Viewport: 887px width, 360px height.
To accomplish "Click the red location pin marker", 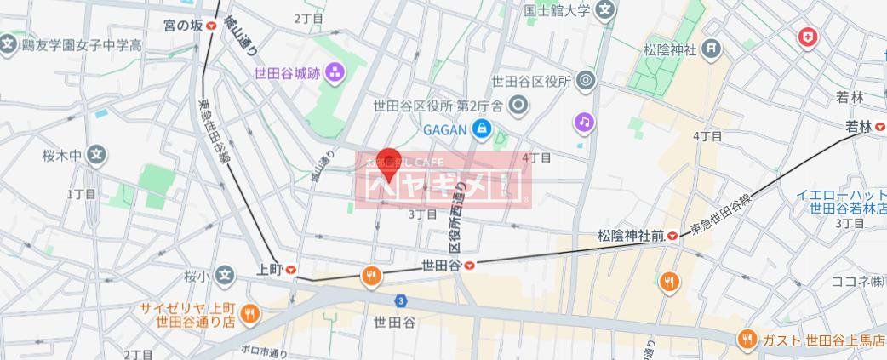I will click(389, 163).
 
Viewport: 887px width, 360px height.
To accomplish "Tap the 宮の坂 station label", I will click(184, 26).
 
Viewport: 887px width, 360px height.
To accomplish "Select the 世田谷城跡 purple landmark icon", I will click(335, 71).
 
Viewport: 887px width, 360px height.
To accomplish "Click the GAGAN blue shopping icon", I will click(482, 129).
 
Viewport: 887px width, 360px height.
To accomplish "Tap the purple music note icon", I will click(583, 123).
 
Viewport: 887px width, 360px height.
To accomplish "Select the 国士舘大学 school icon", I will click(605, 12).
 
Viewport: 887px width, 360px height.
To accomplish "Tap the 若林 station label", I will click(858, 128).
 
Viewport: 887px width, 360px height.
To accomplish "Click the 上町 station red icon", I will click(291, 269).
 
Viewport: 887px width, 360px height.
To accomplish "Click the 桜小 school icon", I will click(225, 275).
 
